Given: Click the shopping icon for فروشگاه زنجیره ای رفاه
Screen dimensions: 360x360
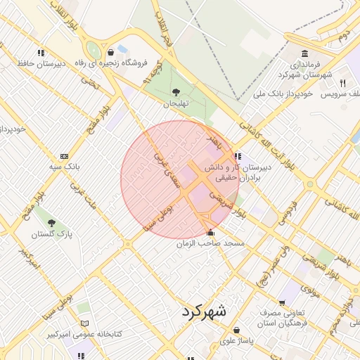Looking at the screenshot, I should [x=111, y=52].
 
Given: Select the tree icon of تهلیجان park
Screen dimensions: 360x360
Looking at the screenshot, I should [x=176, y=92].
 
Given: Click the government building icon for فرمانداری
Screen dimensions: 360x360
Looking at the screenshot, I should [x=304, y=54].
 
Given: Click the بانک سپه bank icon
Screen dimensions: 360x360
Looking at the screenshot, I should [x=65, y=157].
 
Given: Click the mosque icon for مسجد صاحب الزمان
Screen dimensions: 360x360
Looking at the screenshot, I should [x=210, y=233].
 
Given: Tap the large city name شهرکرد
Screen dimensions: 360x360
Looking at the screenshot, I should [x=203, y=310].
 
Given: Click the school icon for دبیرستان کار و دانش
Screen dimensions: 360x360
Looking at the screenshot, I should [x=238, y=156].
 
